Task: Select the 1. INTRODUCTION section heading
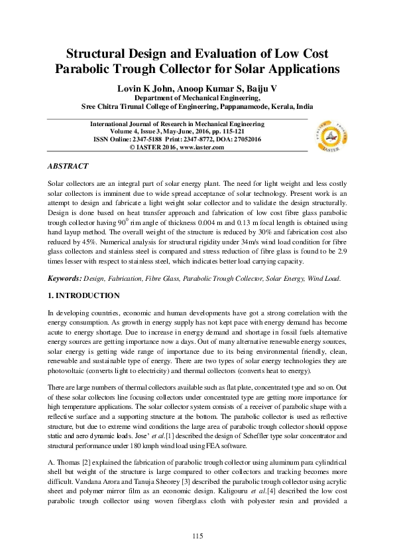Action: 84,277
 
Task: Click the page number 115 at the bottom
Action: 197,535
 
